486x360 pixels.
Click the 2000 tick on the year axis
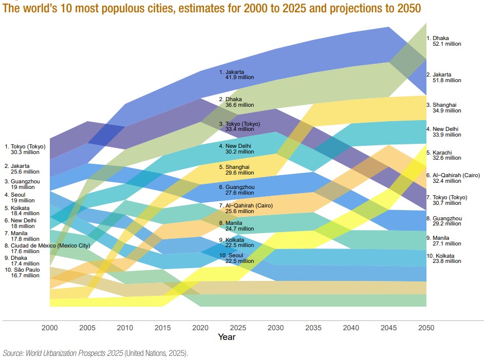tap(50, 328)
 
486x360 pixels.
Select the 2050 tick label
tap(426, 328)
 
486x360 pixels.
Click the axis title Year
tap(227, 337)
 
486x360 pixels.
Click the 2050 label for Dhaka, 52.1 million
tap(444, 41)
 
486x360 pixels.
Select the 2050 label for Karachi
tap(443, 156)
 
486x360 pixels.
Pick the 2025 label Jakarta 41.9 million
tap(236, 74)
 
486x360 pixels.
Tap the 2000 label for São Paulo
tap(24, 272)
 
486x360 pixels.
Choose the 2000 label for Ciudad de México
tap(46, 248)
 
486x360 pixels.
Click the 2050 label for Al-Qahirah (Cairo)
tap(453, 178)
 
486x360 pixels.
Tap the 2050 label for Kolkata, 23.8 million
tap(444, 258)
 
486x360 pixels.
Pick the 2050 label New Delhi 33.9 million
tap(444, 131)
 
